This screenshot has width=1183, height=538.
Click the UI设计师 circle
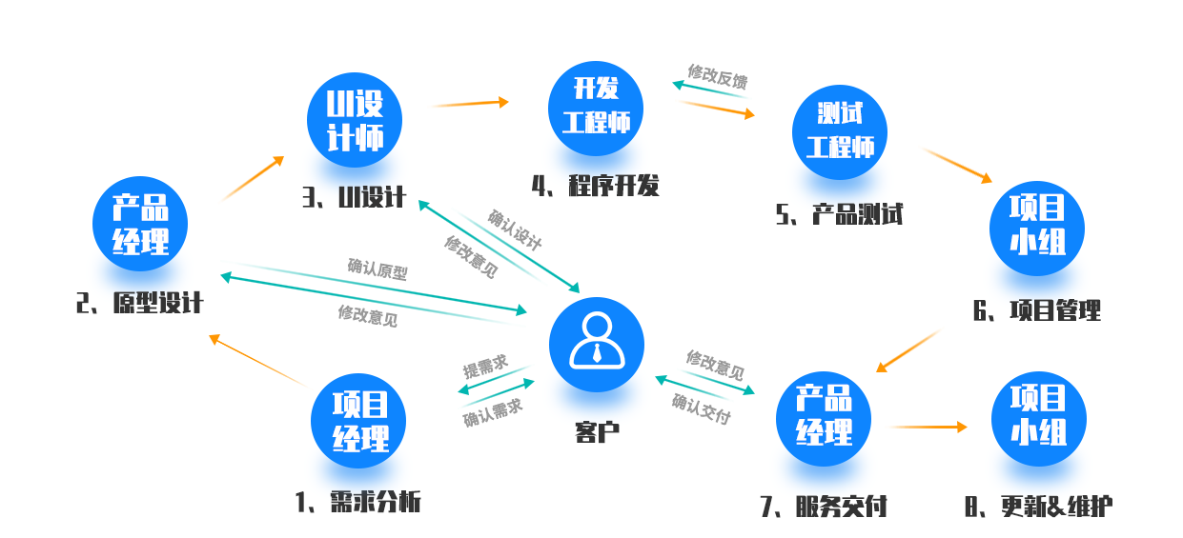355,120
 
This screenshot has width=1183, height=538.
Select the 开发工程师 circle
596,109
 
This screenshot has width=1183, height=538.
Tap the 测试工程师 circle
840,132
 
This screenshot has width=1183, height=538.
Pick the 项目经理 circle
358,421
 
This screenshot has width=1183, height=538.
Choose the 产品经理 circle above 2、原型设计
140,224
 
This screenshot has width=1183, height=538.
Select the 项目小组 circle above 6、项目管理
1037,229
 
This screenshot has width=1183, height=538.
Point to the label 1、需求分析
358,502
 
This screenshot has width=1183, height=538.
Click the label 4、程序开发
595,186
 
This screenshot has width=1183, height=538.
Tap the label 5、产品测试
839,214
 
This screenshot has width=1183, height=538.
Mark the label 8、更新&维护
1038,507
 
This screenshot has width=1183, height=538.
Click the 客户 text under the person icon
597,432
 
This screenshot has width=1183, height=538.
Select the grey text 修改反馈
717,77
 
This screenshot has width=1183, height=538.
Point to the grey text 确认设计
515,230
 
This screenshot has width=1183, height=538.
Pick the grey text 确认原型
377,269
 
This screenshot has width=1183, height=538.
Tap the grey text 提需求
485,366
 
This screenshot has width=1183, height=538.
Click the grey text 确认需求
493,412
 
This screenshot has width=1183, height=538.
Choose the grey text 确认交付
702,408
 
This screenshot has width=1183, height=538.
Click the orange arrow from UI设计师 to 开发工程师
470,104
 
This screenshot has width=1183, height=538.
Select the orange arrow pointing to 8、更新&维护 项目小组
929,427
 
